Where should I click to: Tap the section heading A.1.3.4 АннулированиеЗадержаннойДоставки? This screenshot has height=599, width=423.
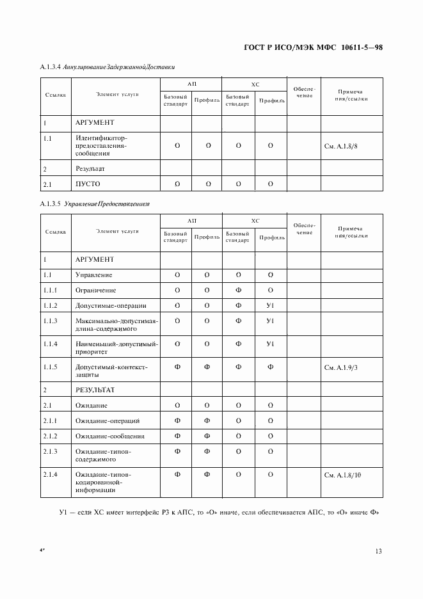tap(108, 67)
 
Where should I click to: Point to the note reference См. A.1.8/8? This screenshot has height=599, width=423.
tap(341, 146)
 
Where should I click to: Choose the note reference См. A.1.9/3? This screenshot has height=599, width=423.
tap(341, 367)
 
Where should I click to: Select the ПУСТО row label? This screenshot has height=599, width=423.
tap(88, 184)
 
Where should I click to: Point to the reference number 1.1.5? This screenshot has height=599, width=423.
tap(51, 367)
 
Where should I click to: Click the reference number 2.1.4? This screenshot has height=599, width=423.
tap(51, 474)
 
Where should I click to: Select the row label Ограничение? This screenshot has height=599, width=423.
tap(96, 290)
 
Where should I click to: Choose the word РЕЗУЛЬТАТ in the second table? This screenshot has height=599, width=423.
tap(95, 389)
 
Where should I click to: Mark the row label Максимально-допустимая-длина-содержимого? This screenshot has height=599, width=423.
tap(116, 324)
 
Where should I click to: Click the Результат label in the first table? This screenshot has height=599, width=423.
tap(90, 169)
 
